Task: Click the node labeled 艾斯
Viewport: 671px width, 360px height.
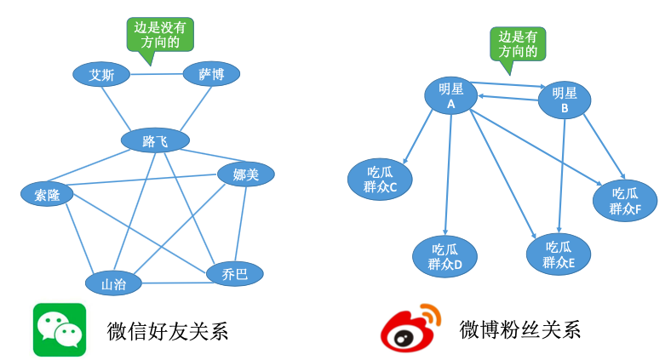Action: click(101, 75)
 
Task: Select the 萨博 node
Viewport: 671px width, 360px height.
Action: click(211, 74)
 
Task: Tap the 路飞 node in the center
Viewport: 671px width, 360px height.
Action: click(155, 140)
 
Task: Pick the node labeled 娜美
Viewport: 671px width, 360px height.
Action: click(246, 174)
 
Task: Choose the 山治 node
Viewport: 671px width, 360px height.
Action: click(113, 284)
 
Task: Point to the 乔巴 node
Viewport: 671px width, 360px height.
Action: click(234, 274)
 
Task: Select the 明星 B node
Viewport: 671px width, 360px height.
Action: click(565, 100)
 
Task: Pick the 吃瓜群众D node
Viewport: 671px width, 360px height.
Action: click(444, 256)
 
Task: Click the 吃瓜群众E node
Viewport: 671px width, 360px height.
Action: click(559, 254)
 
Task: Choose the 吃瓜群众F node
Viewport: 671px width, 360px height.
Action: click(626, 201)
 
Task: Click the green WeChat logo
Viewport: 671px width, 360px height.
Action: click(60, 329)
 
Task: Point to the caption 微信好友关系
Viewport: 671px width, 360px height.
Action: click(168, 330)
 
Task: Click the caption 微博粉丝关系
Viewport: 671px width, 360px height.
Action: click(519, 329)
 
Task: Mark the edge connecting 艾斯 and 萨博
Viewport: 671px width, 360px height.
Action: click(157, 74)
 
